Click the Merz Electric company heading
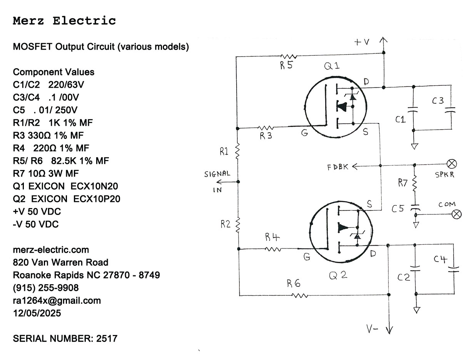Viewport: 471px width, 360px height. pos(64,21)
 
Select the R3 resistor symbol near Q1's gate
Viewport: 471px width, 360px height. pos(266,128)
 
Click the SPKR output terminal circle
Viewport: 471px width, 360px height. pos(453,164)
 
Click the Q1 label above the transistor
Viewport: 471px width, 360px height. pos(332,66)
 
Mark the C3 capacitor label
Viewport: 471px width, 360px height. pos(438,101)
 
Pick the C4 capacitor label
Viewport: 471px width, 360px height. pos(440,260)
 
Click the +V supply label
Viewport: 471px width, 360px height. pos(361,42)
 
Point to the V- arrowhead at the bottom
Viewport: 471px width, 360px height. pos(389,330)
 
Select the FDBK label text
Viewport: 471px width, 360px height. pos(338,167)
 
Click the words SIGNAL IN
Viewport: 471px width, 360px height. pos(217,181)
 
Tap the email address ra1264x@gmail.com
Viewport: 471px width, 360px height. pos(57,300)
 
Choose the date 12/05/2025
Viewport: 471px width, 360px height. pos(37,313)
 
